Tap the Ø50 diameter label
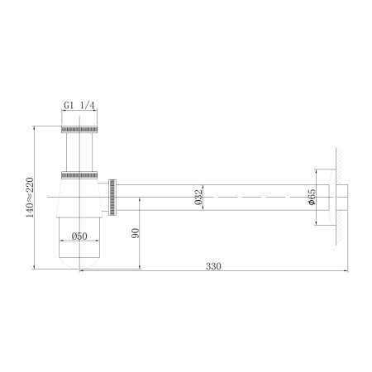point(80,236)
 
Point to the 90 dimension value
point(134,234)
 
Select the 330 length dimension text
point(215,267)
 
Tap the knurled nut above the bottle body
point(80,174)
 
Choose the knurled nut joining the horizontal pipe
point(113,197)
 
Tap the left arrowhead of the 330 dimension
point(83,273)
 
